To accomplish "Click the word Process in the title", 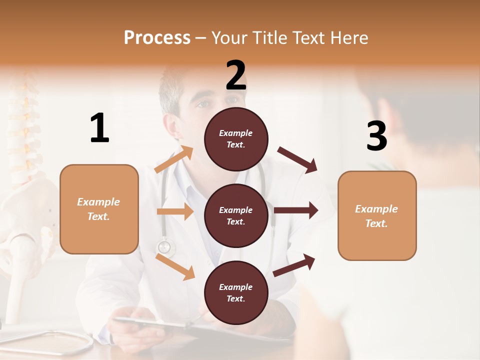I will pos(157,38).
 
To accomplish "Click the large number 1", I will pos(99,128).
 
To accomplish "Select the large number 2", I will pos(236,75).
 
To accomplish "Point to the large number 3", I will pos(376,136).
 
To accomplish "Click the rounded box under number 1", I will pos(99,209).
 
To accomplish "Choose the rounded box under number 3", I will pos(377,215).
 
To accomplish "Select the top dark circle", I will pos(236,139).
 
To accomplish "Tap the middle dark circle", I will pos(236,215).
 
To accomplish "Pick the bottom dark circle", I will pos(236,292).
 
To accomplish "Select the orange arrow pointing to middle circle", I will pos(175,211).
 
